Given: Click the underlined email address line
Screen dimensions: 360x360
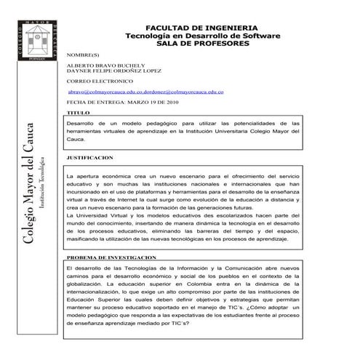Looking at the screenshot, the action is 145,92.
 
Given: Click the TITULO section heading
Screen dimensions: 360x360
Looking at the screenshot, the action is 78,114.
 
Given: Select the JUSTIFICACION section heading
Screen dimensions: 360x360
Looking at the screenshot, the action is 89,157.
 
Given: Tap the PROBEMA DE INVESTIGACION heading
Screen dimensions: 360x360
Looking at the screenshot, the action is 111,257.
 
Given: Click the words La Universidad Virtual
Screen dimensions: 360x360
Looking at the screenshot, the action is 95,218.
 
